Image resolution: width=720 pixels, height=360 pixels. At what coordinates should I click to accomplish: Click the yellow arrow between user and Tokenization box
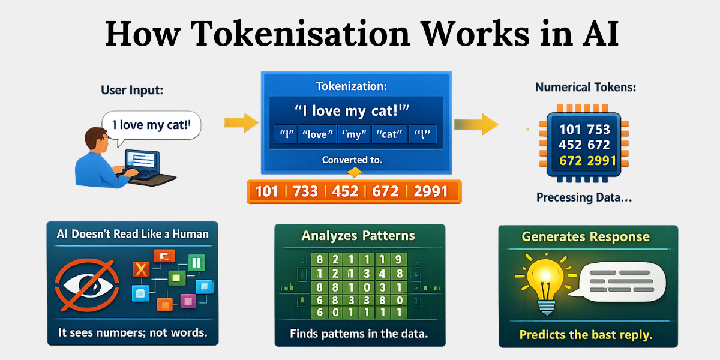pyautogui.click(x=241, y=123)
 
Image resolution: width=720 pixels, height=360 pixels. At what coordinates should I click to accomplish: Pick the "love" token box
pyautogui.click(x=317, y=134)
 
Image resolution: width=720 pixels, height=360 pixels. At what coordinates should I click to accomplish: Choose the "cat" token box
pyautogui.click(x=389, y=134)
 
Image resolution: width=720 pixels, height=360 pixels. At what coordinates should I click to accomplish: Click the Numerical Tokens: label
pyautogui.click(x=586, y=87)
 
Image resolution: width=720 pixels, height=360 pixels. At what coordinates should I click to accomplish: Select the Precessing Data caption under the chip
pyautogui.click(x=584, y=197)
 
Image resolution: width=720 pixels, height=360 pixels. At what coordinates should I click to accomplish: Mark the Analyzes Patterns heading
pyautogui.click(x=359, y=235)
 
